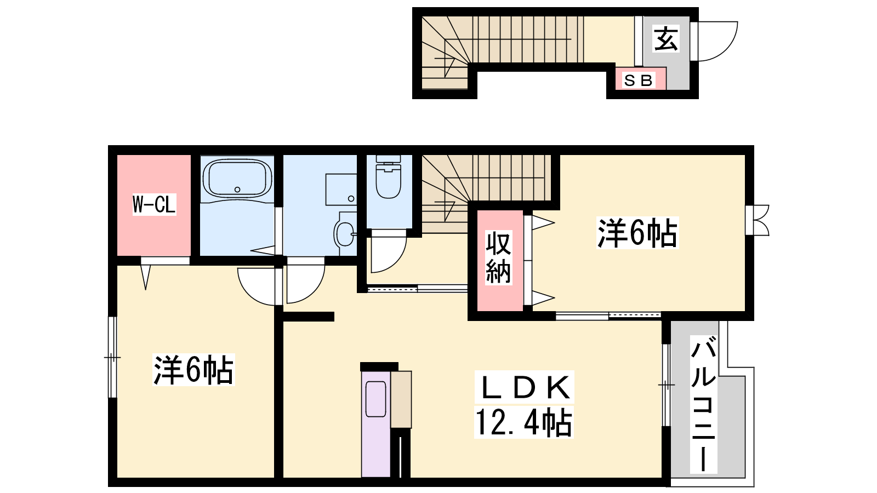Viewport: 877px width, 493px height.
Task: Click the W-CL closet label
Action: (154, 204)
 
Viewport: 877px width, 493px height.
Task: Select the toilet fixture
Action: (389, 177)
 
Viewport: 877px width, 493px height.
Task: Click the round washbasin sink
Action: (345, 233)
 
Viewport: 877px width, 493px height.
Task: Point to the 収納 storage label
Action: (498, 257)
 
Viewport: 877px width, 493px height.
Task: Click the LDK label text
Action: (524, 387)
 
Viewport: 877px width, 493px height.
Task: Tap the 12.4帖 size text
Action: (524, 422)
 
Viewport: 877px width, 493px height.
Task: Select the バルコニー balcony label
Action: (704, 404)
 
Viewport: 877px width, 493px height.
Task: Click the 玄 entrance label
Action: (666, 39)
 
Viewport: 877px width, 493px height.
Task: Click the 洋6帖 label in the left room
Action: (193, 370)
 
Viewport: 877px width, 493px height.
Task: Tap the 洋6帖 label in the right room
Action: (637, 233)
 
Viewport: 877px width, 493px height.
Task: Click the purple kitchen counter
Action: (376, 424)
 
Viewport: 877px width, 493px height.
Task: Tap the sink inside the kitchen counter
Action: (376, 399)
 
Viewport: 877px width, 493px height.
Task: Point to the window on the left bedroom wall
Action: (113, 357)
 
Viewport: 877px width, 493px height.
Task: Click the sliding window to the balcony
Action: (666, 385)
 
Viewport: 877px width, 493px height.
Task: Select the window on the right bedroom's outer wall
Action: (757, 220)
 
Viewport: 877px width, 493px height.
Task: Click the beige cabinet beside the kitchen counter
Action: (401, 399)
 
